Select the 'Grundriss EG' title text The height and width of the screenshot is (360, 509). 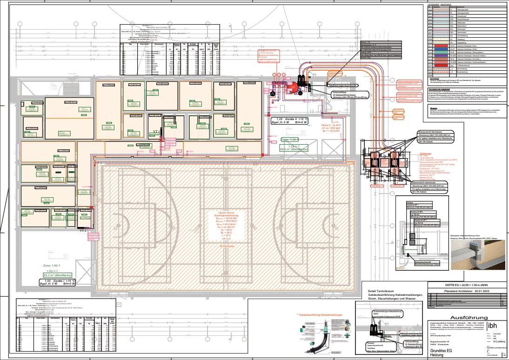point(445,348)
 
